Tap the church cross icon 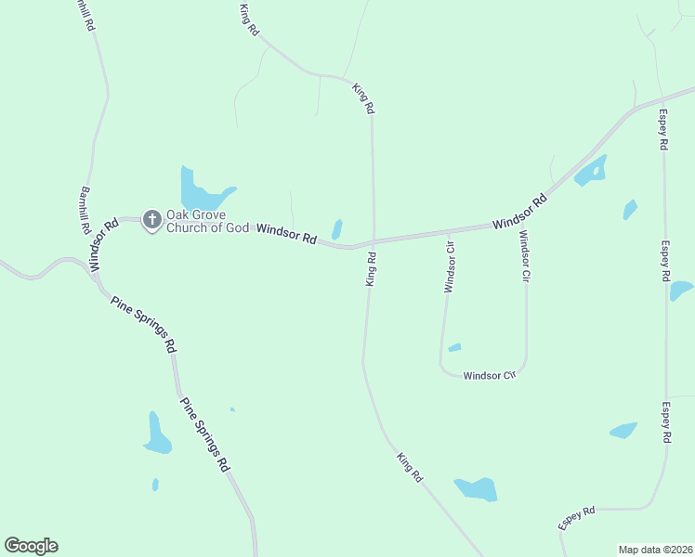[x=151, y=220]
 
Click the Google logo [x=31, y=546]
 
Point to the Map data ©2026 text [x=655, y=550]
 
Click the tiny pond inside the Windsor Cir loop [x=454, y=348]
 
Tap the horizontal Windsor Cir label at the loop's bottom [x=489, y=376]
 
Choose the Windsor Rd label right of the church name [x=286, y=233]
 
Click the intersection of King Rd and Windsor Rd [x=374, y=241]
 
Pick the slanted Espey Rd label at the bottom [x=576, y=518]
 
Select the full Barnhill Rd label [x=85, y=210]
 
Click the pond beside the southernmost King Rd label [x=476, y=488]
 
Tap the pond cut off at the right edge [x=681, y=291]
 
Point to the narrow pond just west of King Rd [x=337, y=229]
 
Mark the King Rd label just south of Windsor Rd [x=370, y=269]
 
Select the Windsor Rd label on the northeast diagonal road [x=519, y=212]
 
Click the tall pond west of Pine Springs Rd [x=156, y=434]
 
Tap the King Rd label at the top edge [x=248, y=20]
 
